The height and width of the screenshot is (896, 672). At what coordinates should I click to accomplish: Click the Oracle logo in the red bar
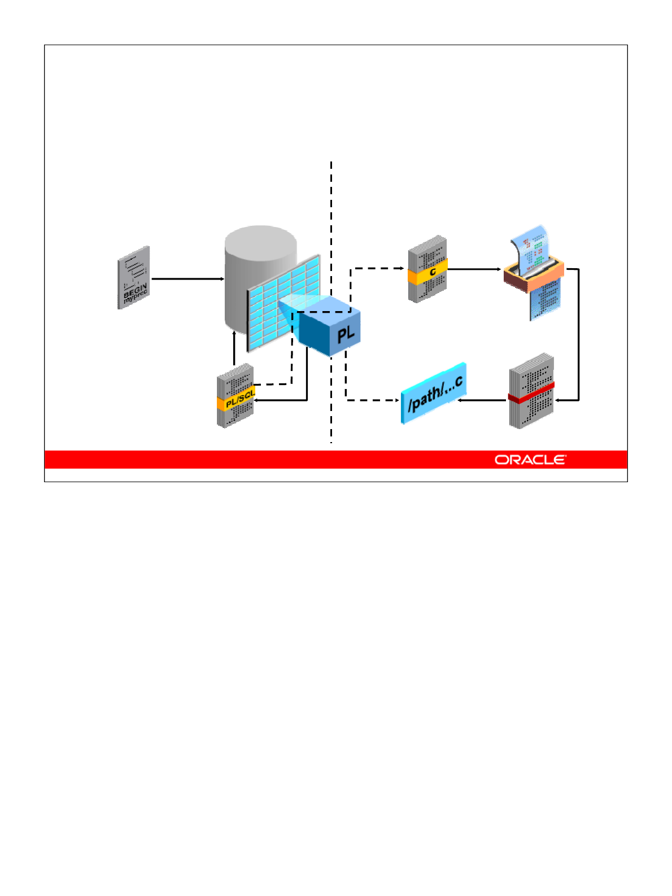(530, 460)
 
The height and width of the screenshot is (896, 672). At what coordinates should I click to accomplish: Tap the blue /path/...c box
(434, 393)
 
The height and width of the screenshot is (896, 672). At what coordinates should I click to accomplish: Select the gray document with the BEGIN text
(133, 277)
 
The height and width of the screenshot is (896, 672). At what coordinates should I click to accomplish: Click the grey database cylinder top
(261, 243)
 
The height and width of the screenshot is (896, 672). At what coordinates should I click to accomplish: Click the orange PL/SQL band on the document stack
(236, 399)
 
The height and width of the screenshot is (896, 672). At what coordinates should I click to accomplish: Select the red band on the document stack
(531, 391)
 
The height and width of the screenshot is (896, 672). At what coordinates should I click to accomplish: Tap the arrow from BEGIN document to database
(187, 278)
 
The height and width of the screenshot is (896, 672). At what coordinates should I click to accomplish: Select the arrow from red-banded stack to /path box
(483, 400)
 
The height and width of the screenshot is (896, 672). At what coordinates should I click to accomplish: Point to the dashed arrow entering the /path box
(373, 400)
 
